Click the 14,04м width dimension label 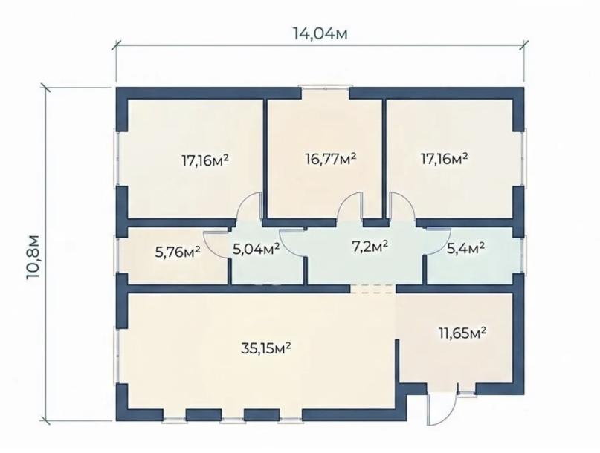320,33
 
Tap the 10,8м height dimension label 33,257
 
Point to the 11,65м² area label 462,333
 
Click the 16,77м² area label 331,158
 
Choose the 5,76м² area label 178,252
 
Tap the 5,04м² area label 256,249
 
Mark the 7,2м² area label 370,247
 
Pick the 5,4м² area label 466,249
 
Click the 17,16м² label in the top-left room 205,160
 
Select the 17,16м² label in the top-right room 445,158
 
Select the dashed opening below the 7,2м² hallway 373,289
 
